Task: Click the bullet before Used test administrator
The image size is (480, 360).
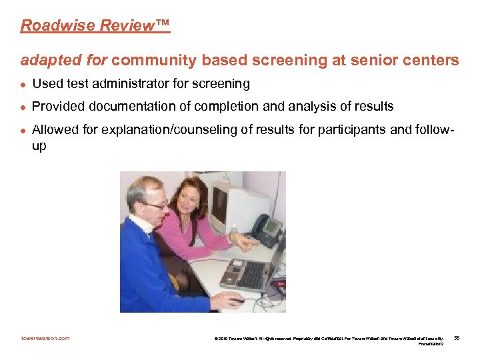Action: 23,84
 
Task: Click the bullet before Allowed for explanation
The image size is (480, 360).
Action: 23,129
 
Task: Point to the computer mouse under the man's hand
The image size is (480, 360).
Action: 237,300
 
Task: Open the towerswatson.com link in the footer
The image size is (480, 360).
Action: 45,338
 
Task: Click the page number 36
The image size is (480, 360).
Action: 456,339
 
